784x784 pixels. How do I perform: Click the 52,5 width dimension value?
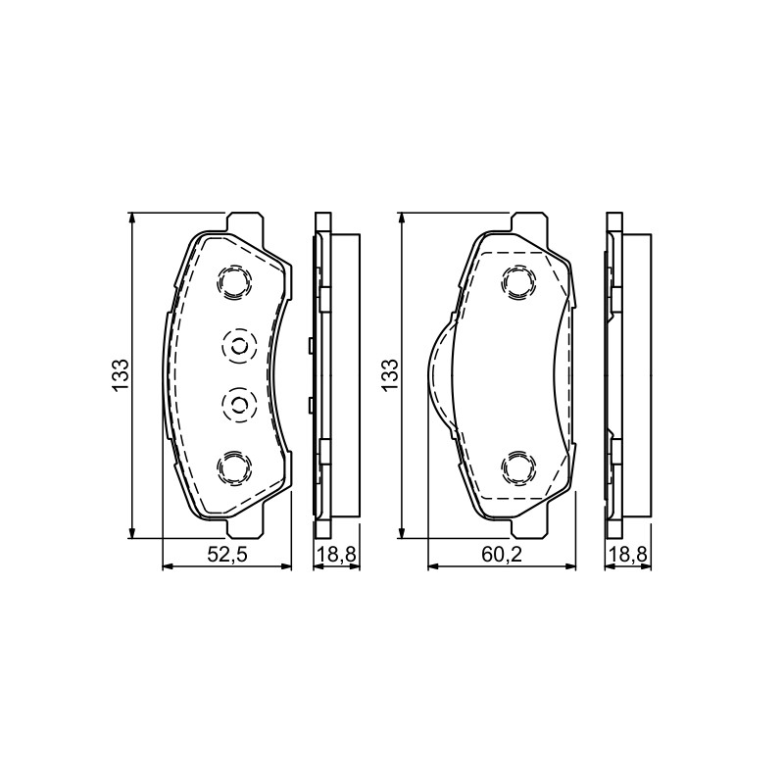point(227,555)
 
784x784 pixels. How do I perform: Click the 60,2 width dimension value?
point(502,555)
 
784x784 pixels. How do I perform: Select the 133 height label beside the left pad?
point(121,375)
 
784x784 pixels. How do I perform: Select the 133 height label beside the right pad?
point(389,375)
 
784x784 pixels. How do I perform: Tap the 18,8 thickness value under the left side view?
point(336,555)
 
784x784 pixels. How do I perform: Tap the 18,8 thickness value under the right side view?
point(628,555)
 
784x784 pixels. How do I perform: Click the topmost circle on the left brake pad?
point(234,283)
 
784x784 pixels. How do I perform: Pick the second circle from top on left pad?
point(238,346)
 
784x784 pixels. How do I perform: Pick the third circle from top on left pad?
point(238,404)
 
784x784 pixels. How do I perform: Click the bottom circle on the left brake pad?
point(234,467)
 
